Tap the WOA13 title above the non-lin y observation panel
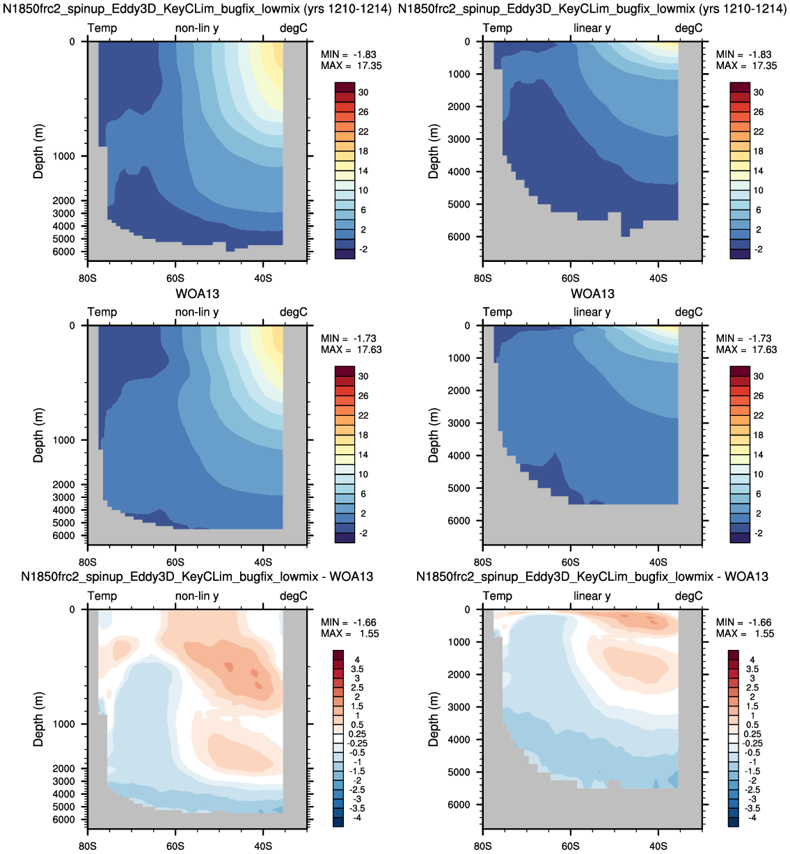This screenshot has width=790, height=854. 198,294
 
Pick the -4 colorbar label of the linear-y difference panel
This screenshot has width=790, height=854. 752,818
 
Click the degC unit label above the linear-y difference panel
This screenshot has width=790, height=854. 688,596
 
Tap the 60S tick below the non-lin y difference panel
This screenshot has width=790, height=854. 175,846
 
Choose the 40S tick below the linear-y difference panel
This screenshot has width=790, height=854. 658,846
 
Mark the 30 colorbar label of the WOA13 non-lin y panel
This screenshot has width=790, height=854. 363,376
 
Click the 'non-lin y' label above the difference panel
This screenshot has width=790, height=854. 197,596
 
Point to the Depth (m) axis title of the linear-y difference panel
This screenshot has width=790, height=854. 434,720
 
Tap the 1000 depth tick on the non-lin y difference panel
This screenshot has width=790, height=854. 63,724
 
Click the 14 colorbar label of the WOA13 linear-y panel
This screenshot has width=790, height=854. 759,455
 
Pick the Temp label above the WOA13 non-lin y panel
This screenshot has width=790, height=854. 102,312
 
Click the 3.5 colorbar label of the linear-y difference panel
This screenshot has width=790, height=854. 752,669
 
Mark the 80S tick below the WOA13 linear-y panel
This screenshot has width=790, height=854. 483,562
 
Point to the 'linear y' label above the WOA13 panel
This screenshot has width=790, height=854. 592,312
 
